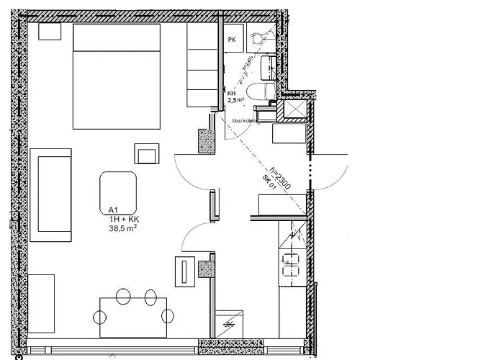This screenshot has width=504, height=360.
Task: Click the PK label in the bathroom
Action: click(231, 40)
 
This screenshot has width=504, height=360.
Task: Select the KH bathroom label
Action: click(231, 94)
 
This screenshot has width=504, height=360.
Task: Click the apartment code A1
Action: click(112, 210)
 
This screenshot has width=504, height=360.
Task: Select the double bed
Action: click(116, 76)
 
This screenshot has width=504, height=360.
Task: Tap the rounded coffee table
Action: click(118, 187)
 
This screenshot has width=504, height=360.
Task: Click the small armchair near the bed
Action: click(146, 154)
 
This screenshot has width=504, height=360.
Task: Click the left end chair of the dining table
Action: click(99, 315)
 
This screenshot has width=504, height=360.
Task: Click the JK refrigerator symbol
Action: click(229, 323)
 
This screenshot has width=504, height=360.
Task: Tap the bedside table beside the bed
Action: click(50, 31)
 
